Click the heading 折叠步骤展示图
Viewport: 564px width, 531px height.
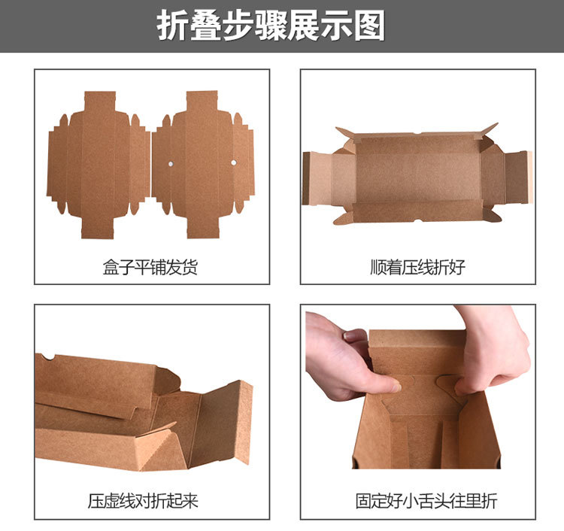coord(271,26)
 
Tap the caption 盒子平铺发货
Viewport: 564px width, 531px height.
coord(150,267)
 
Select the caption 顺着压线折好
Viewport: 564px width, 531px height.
coord(417,267)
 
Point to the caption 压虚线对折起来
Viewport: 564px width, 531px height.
coord(143,501)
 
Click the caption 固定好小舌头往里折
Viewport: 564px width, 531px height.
coord(426,501)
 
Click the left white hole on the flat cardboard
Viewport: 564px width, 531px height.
coord(171,164)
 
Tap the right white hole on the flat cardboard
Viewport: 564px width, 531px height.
coord(233,162)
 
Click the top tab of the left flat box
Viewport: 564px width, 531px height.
coord(100,102)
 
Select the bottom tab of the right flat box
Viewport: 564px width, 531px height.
coord(203,227)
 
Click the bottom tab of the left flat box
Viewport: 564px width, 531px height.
coord(98,228)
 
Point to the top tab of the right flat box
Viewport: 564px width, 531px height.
coord(202,101)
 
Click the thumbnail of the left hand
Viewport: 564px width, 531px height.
coord(396,388)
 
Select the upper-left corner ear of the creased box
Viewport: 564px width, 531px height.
coord(345,132)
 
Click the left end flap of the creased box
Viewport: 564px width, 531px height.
coord(317,178)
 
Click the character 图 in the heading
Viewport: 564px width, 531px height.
coord(369,26)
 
